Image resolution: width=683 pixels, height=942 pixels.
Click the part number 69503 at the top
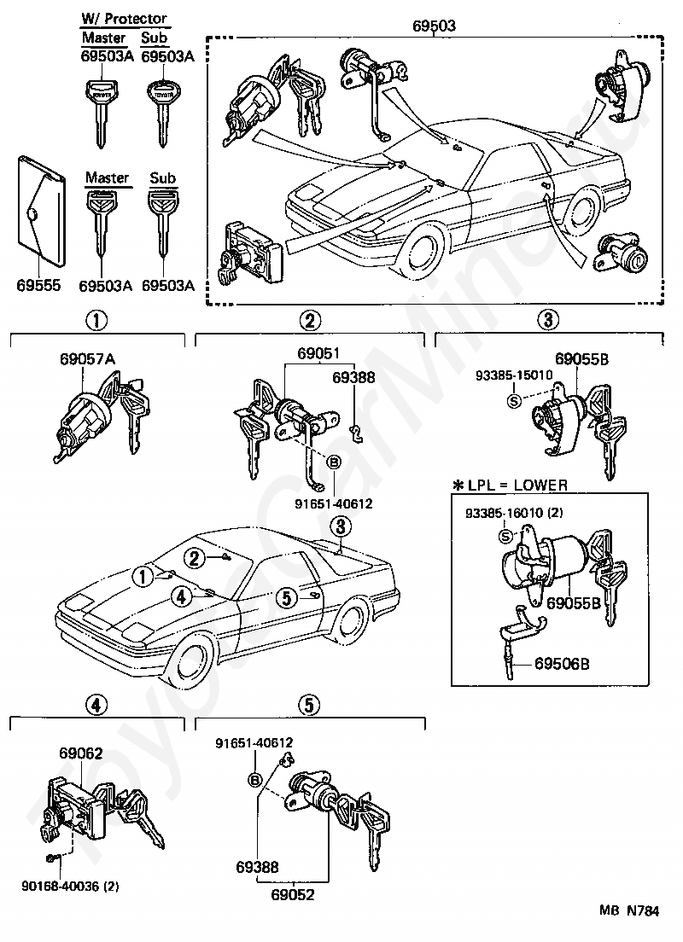[x=434, y=26]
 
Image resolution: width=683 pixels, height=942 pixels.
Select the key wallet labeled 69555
[x=41, y=211]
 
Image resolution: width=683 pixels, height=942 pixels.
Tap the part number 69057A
[x=88, y=359]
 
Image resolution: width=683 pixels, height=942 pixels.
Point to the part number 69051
[x=318, y=353]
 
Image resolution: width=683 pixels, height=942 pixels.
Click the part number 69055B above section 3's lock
[x=582, y=359]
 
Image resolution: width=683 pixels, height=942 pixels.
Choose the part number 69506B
[x=562, y=664]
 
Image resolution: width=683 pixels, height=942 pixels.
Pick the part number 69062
[x=80, y=753]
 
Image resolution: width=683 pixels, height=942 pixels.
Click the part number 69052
[x=293, y=894]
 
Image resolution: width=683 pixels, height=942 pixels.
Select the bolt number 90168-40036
[x=62, y=887]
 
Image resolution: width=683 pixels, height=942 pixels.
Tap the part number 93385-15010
[x=514, y=375]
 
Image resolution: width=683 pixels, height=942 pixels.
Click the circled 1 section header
[x=96, y=320]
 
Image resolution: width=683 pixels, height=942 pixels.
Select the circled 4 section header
[x=96, y=704]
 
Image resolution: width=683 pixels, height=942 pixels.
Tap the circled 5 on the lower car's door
[x=287, y=598]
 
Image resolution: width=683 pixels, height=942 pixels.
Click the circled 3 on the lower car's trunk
[x=341, y=526]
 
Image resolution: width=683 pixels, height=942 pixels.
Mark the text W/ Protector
[x=125, y=19]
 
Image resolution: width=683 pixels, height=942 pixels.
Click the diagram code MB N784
[x=629, y=910]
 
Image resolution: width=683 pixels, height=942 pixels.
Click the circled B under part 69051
[x=334, y=462]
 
